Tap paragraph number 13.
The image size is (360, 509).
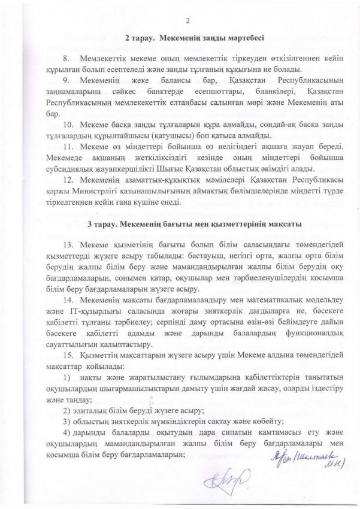(x=68, y=244)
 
